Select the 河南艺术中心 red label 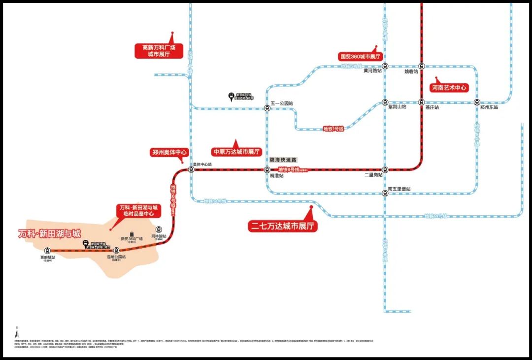tap(449, 88)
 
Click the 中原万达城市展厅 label tap(236, 152)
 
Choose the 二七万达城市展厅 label tap(282, 226)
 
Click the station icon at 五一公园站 tap(267, 108)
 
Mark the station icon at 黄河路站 tap(385, 66)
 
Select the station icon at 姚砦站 tap(422, 66)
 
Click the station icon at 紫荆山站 tap(385, 102)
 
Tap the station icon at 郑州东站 tap(477, 102)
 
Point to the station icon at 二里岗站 tap(385, 169)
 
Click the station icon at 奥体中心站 tap(191, 169)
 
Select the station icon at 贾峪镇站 tap(47, 250)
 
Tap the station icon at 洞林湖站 tap(159, 229)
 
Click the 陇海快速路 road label tap(283, 160)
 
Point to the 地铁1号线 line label tap(333, 129)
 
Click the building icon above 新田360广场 tap(132, 232)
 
